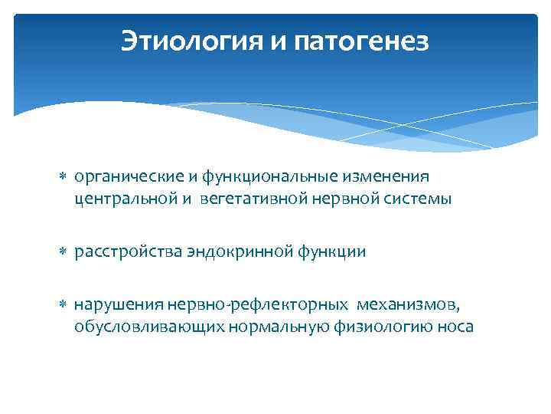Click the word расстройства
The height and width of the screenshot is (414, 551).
(x=128, y=251)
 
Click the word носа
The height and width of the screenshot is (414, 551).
(x=455, y=327)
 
